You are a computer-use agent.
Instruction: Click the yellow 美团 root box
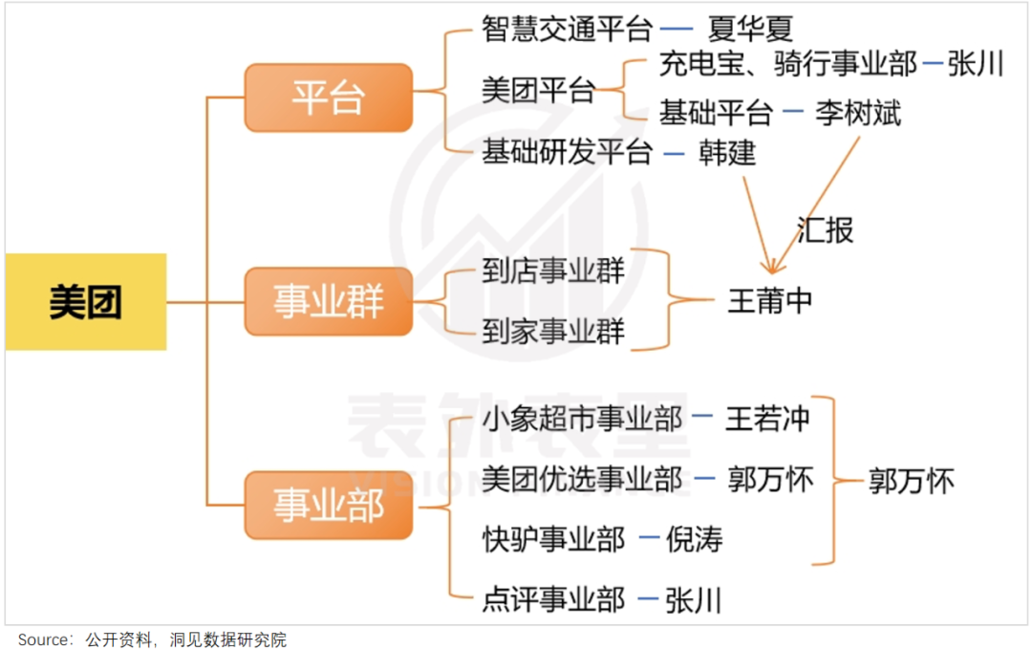86,302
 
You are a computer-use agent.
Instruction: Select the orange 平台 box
328,97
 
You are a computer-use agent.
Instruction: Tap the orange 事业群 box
328,302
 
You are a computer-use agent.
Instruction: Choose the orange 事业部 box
328,505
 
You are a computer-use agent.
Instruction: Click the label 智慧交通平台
567,29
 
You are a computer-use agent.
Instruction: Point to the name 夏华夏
752,29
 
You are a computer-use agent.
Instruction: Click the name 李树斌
858,113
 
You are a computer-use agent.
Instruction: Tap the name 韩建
727,152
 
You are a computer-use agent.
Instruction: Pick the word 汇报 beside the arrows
825,229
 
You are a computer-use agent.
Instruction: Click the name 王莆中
770,301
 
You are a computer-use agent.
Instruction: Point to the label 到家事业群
553,332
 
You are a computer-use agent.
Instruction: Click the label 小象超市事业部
582,418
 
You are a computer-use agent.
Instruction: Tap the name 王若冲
767,418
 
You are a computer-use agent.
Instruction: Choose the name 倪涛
695,540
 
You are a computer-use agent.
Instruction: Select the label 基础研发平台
567,152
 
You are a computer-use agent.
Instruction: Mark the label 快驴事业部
553,540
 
